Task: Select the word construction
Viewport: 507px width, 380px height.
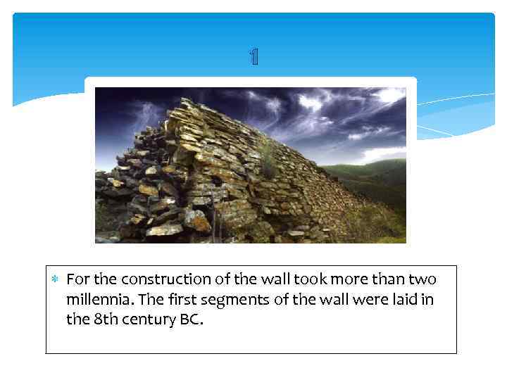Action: [x=161, y=279]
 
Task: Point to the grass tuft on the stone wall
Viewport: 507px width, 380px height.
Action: [x=268, y=158]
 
